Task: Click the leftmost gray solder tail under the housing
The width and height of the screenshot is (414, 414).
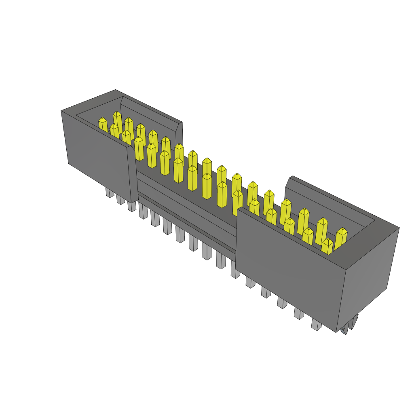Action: tap(110, 192)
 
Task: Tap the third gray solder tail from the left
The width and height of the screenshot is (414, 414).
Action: tap(132, 206)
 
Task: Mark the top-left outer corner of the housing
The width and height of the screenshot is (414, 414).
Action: tap(61, 111)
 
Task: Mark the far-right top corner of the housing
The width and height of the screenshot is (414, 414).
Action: tap(399, 228)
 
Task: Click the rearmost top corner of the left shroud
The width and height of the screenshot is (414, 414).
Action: tap(116, 90)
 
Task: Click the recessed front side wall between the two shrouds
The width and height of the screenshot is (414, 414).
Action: tap(186, 210)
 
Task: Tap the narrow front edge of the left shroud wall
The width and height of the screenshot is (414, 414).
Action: tap(133, 174)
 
